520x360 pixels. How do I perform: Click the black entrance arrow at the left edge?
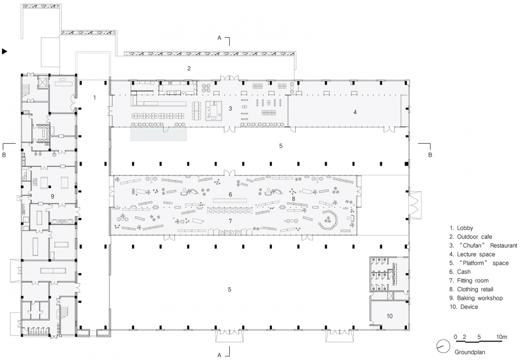[5, 52]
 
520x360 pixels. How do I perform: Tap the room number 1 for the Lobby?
[94, 98]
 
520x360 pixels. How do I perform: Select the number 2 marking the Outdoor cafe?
[189, 69]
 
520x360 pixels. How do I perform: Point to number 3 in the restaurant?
[230, 108]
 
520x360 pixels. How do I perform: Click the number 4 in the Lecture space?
[355, 112]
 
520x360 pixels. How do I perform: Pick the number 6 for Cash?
[230, 195]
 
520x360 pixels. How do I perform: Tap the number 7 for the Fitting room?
[230, 221]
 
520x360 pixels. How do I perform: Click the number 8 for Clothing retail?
[294, 199]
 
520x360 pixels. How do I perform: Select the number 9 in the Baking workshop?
[53, 196]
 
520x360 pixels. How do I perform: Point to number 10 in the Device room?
[389, 316]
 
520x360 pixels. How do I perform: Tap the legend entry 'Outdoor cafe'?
[474, 237]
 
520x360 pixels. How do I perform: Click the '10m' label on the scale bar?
[502, 337]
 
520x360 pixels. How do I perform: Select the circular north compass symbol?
[442, 345]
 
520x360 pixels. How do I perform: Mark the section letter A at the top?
[219, 38]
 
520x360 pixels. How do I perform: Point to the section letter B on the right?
[430, 155]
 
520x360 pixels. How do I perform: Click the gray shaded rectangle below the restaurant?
[158, 134]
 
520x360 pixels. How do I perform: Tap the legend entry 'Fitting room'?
[472, 281]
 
